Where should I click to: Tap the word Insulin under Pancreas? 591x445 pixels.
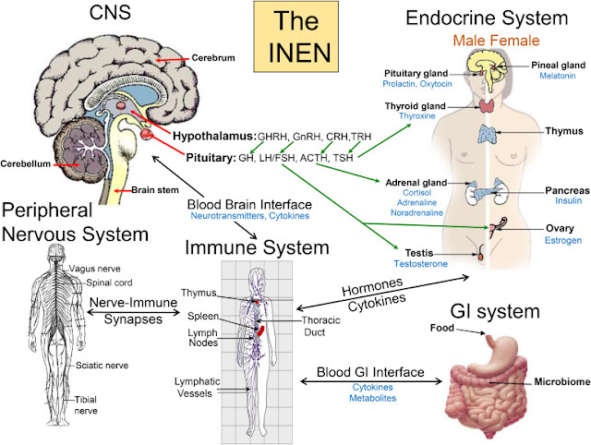(x=559, y=200)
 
